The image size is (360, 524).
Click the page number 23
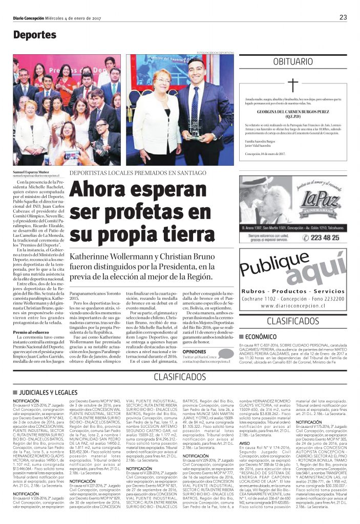point(343,17)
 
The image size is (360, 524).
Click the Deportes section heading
point(35,35)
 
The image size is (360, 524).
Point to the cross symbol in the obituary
point(292,85)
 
